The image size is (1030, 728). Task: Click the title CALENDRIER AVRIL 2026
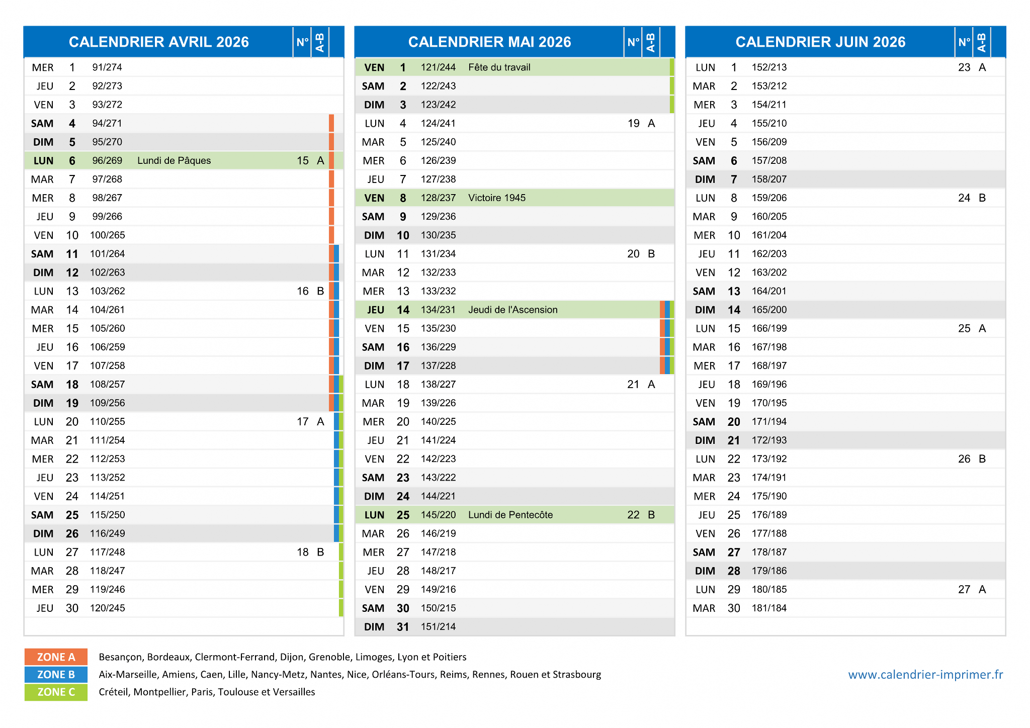(x=159, y=42)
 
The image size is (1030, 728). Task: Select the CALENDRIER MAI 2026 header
(x=489, y=42)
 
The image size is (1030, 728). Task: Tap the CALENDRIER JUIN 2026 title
(x=820, y=42)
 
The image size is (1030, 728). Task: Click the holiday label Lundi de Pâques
(x=174, y=160)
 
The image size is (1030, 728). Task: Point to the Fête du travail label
(x=499, y=67)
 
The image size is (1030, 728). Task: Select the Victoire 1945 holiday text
(x=497, y=198)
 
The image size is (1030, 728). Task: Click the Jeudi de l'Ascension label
(x=513, y=310)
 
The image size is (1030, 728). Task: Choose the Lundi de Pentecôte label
(x=510, y=515)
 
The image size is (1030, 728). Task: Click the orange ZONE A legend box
(x=56, y=657)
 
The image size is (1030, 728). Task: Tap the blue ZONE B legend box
(x=56, y=674)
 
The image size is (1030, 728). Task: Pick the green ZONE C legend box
(x=56, y=692)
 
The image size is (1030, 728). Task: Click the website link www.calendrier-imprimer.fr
(x=925, y=674)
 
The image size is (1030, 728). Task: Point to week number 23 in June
(x=964, y=67)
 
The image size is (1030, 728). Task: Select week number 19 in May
(x=633, y=123)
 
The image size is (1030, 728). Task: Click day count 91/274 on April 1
(x=107, y=67)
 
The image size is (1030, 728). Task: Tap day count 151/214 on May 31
(x=438, y=626)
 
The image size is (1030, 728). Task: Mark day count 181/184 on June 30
(x=769, y=608)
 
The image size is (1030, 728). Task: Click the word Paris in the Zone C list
(x=202, y=692)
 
